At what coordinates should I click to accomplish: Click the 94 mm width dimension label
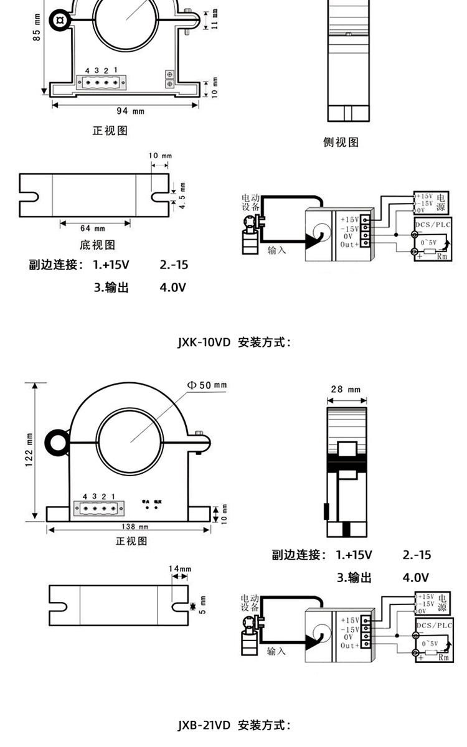tap(130, 111)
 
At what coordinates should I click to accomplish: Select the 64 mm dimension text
tap(93, 228)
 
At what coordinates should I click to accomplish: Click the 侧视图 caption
tap(341, 143)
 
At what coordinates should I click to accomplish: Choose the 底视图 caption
tap(97, 245)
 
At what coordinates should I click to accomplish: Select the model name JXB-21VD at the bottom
tap(204, 725)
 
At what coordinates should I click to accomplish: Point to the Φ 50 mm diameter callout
tap(207, 385)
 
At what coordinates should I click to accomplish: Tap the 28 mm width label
tap(346, 390)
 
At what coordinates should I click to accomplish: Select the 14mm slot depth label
tap(180, 569)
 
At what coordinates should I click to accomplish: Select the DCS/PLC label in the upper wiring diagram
tap(433, 223)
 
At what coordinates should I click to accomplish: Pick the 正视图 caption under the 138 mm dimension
tap(131, 541)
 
